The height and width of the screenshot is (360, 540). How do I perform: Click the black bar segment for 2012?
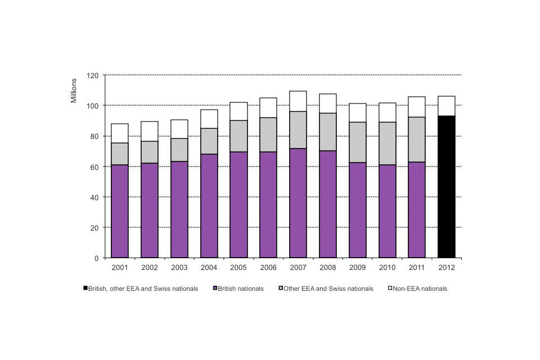coord(447,187)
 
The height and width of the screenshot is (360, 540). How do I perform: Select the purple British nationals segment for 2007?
coord(298,203)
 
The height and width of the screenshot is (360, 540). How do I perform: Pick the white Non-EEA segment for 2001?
coord(120,133)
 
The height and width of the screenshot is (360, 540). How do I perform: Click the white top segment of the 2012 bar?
coord(447,106)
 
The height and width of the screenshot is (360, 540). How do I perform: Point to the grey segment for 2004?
coord(209,141)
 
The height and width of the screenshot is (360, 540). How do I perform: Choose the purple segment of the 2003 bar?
coord(179,209)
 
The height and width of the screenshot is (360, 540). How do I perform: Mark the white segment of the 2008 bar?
coord(328,103)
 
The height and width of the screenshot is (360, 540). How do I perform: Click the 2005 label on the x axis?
coord(238,268)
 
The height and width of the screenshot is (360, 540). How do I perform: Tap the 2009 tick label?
coord(357,268)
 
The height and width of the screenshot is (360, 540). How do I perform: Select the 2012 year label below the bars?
coord(447,268)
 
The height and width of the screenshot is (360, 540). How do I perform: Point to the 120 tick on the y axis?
coord(93,75)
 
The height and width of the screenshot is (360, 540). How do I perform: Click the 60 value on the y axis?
coord(94,167)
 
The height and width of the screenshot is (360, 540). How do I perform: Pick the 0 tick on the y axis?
coord(97,258)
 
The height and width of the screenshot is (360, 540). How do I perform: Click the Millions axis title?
coord(74,91)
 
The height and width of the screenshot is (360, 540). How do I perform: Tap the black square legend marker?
coord(85,289)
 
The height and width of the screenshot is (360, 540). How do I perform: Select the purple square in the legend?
coord(215,289)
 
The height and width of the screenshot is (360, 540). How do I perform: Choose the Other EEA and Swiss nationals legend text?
coord(328,289)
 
